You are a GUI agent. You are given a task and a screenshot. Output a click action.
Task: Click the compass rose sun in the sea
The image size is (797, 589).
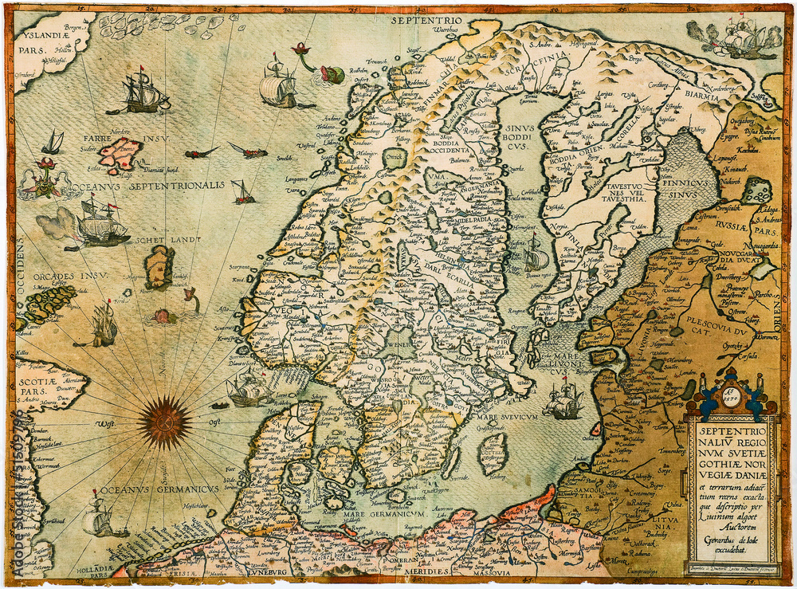164,422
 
